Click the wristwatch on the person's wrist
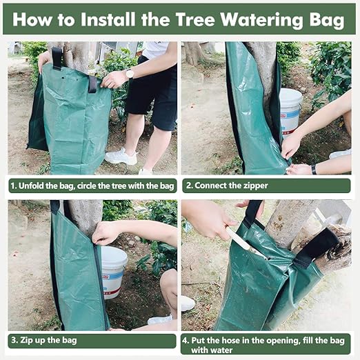pos(129,73)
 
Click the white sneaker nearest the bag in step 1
pos(121,157)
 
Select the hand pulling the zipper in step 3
pos(106,232)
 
